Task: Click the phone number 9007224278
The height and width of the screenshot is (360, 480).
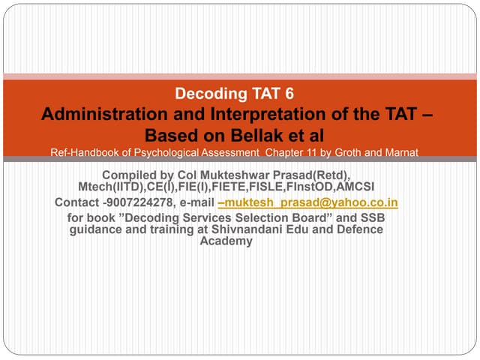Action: [134, 202]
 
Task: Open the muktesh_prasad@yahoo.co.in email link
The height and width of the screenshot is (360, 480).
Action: [307, 202]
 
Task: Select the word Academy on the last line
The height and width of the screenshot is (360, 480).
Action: [226, 241]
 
